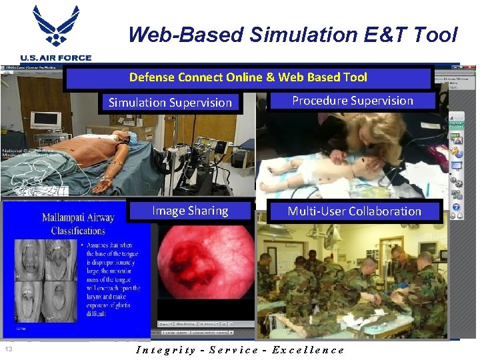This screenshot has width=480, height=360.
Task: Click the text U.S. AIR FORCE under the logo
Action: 56,59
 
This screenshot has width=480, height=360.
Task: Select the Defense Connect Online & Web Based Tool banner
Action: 248,77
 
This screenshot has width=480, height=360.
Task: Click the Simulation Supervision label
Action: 170,103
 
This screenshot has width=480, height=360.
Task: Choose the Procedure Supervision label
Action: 353,101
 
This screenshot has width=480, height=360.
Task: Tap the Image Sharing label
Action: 190,211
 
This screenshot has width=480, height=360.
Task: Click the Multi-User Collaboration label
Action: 354,211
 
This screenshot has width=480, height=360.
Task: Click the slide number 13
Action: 9,349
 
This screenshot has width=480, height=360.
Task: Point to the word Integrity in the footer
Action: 165,350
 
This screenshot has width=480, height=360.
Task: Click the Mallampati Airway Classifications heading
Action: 78,224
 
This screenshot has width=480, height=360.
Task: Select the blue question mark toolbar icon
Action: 457,207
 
